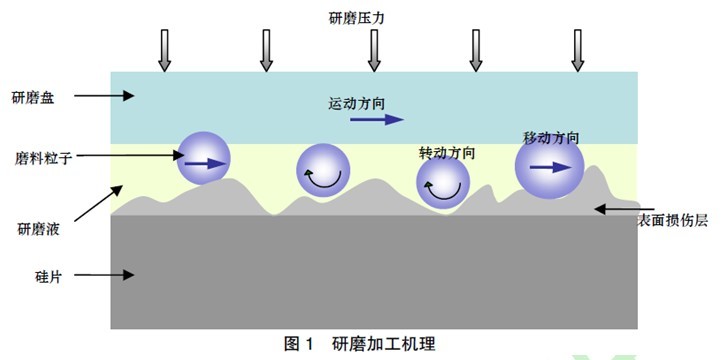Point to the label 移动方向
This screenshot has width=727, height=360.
point(551,136)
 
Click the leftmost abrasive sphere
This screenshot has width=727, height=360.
point(204,158)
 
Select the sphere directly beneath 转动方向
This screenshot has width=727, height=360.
point(443,184)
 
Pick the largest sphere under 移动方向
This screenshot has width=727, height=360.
point(549,168)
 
